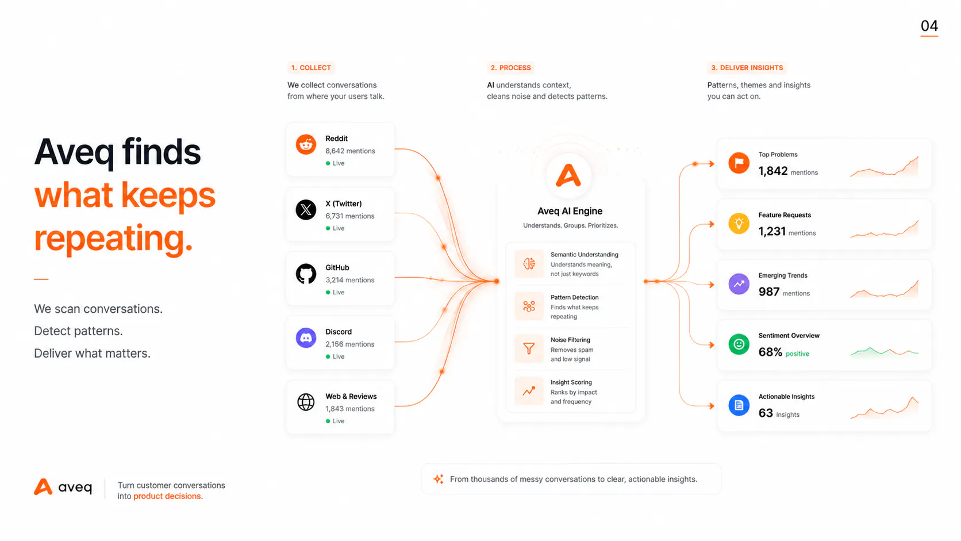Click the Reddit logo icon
click(306, 144)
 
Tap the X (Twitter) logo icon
click(306, 210)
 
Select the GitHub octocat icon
click(306, 274)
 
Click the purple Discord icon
click(306, 338)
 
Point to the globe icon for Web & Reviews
click(306, 402)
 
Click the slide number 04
click(929, 26)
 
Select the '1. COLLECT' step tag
click(311, 68)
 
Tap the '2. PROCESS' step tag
click(510, 68)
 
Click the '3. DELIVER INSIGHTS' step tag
click(747, 68)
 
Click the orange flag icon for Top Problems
click(739, 163)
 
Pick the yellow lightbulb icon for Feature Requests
click(739, 224)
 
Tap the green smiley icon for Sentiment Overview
click(739, 344)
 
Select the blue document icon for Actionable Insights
click(739, 405)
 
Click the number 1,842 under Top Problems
click(773, 171)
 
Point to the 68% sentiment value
click(771, 352)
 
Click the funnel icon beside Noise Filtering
click(529, 348)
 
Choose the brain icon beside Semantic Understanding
click(529, 263)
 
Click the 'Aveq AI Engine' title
click(570, 211)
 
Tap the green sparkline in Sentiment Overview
click(884, 352)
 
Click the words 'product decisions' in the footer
click(167, 496)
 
